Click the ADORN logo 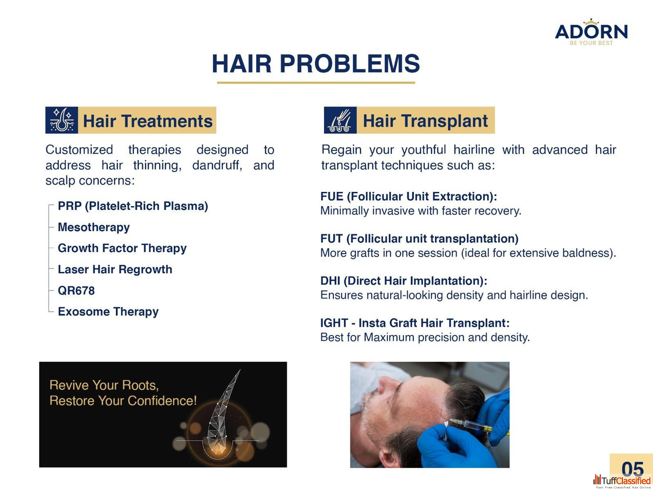(x=591, y=32)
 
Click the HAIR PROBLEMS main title (x=316, y=63)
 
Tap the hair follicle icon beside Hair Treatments (x=62, y=120)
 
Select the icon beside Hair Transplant (x=340, y=120)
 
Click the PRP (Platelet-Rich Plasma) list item (x=133, y=206)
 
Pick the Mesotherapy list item (x=94, y=227)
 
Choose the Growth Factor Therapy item (x=122, y=248)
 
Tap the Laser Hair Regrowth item (x=115, y=269)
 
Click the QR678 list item (x=76, y=290)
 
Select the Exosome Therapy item (x=108, y=312)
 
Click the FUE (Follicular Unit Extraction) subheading (x=409, y=197)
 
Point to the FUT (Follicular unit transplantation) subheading (x=419, y=238)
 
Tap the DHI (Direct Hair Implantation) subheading (x=404, y=281)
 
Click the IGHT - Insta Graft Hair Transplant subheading (x=415, y=323)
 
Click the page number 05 (x=633, y=469)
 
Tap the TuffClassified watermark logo (x=622, y=481)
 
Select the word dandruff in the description (x=217, y=165)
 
